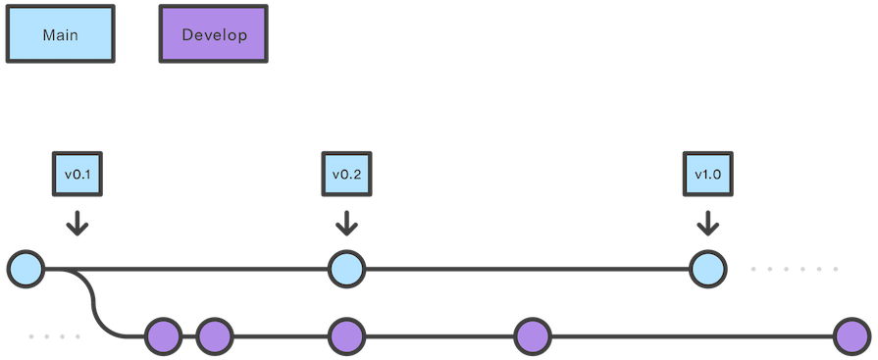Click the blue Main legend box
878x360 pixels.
[60, 35]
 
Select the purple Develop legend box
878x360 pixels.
[214, 35]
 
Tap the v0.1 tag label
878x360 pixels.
[77, 176]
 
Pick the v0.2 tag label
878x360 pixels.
[346, 176]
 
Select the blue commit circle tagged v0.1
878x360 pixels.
[26, 267]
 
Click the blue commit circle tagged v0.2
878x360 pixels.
[346, 268]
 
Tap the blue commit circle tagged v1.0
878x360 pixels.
[706, 268]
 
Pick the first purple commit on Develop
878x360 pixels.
[164, 336]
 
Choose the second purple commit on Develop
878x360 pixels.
[214, 336]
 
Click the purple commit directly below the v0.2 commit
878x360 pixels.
[345, 336]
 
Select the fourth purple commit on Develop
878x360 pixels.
[532, 336]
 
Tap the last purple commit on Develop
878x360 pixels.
[852, 336]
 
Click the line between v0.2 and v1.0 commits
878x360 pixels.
[526, 267]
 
